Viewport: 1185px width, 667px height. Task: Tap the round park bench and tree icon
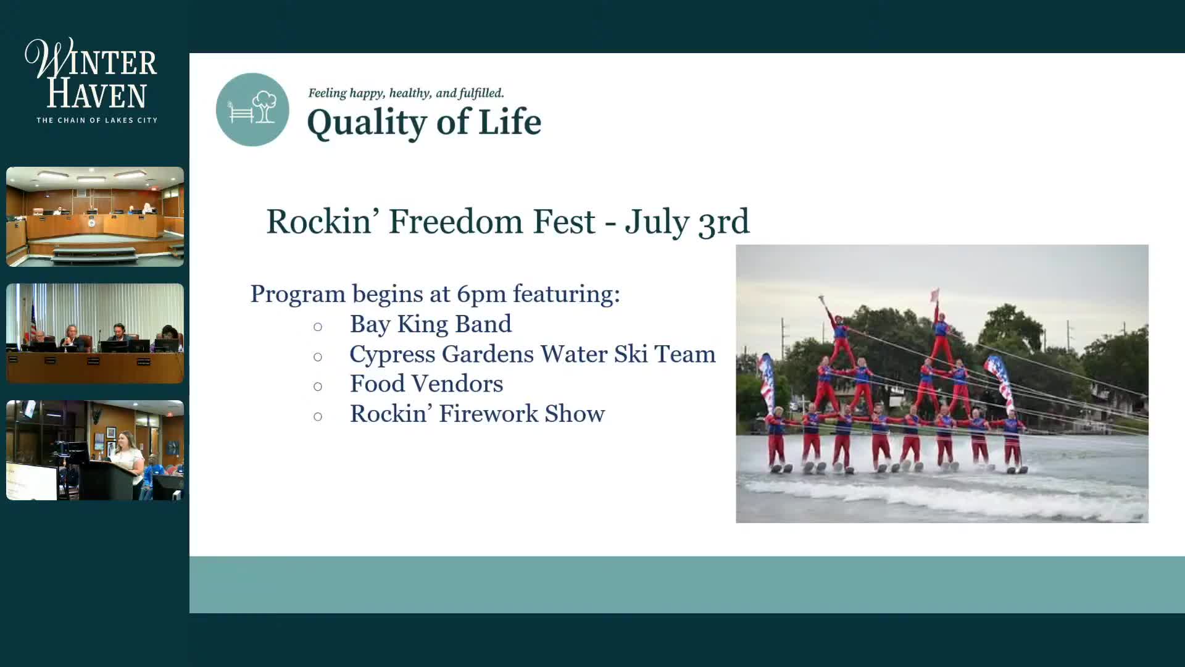click(x=252, y=109)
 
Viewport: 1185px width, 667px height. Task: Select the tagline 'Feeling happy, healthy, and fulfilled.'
click(x=406, y=93)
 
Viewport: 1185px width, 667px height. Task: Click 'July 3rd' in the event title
click(x=687, y=222)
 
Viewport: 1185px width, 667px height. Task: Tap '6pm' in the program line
click(x=480, y=295)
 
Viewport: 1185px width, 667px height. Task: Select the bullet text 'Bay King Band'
click(x=431, y=324)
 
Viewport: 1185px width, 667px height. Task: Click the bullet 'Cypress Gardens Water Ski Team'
click(x=533, y=354)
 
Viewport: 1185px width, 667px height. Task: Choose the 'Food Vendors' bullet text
click(x=426, y=384)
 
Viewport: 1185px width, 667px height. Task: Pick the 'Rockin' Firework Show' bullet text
click(x=477, y=414)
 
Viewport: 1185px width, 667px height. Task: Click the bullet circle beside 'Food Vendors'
click(x=318, y=387)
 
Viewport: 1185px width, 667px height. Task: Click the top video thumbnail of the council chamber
click(x=95, y=217)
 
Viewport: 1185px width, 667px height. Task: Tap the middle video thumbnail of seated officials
click(x=95, y=333)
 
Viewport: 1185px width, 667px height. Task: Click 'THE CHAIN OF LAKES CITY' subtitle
click(x=97, y=120)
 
